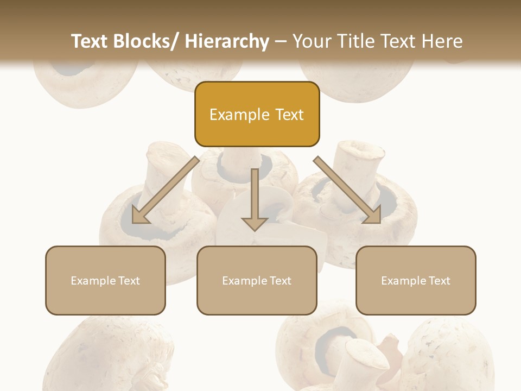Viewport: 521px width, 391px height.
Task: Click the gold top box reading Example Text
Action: [x=257, y=114]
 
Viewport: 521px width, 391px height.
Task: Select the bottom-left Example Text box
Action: [x=105, y=280]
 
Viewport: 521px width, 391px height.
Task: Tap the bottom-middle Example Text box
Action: [x=257, y=280]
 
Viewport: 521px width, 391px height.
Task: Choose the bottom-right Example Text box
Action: [x=416, y=280]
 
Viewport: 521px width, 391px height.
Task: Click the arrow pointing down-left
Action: [x=166, y=190]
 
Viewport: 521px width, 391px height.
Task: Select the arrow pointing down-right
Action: [x=347, y=190]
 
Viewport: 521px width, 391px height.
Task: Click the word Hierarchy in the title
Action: [x=227, y=41]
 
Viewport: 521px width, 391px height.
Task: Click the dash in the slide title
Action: [x=281, y=42]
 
